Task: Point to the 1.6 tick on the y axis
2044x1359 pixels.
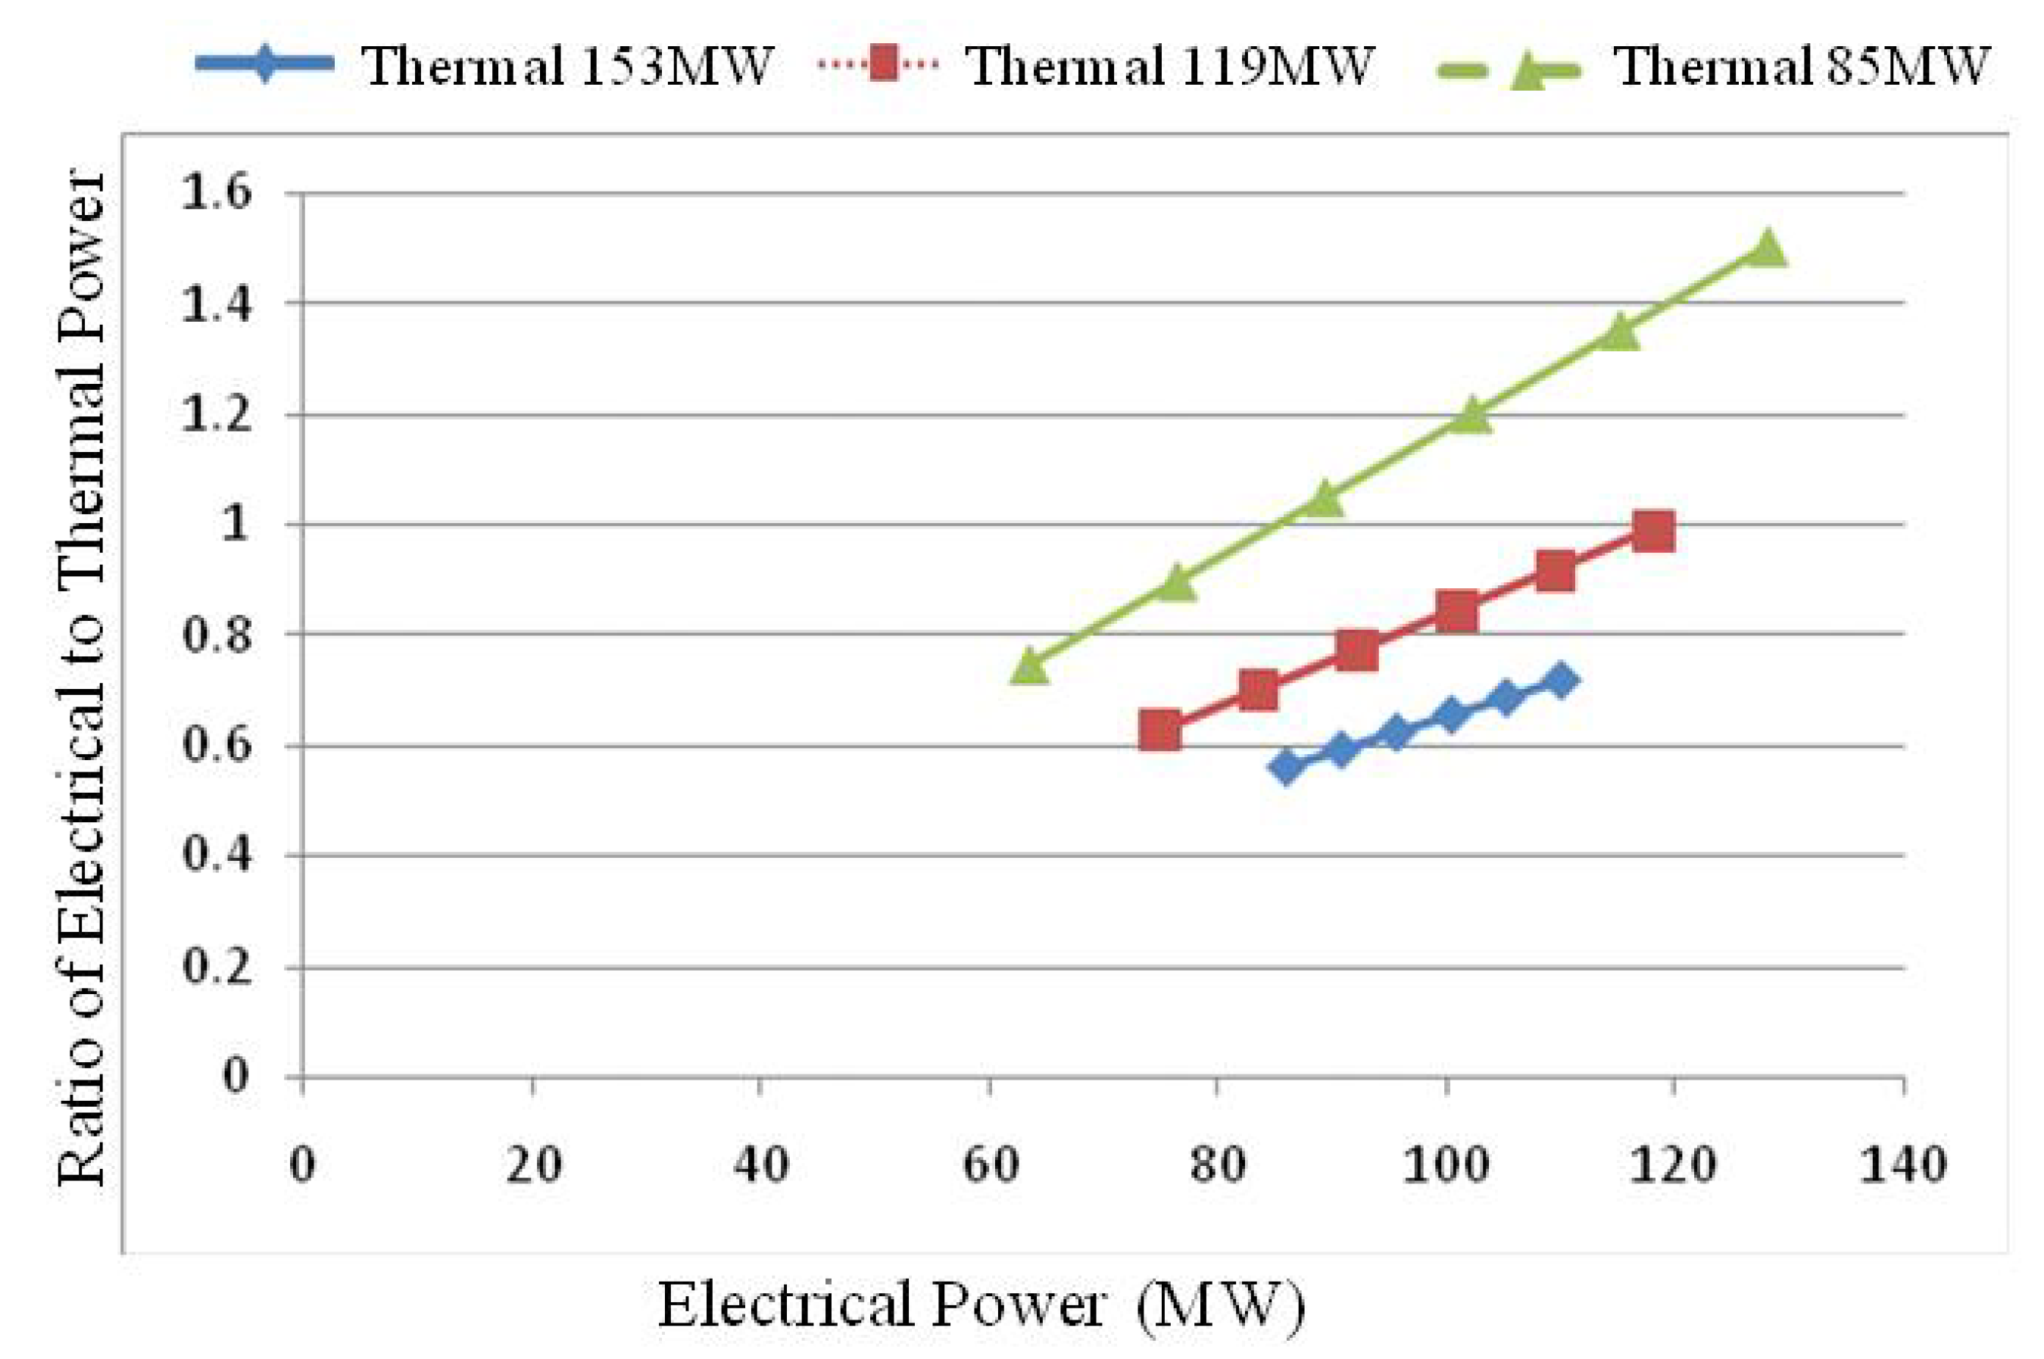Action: [x=216, y=192]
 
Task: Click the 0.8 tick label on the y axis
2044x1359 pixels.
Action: [x=216, y=634]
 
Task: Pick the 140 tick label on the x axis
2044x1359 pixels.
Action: [x=1902, y=1164]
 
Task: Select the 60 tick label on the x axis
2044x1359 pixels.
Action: [x=990, y=1164]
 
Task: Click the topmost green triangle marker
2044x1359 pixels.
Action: [x=1768, y=249]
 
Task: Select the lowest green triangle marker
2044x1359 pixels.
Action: [x=1029, y=666]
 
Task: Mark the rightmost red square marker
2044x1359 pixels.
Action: [x=1652, y=531]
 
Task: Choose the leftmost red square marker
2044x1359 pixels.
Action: [x=1159, y=731]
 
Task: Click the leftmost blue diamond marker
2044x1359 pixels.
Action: [x=1287, y=766]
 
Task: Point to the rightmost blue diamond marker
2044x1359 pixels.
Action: [x=1559, y=681]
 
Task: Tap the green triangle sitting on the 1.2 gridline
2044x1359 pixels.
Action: [x=1471, y=416]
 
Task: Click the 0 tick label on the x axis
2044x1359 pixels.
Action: [x=301, y=1164]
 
